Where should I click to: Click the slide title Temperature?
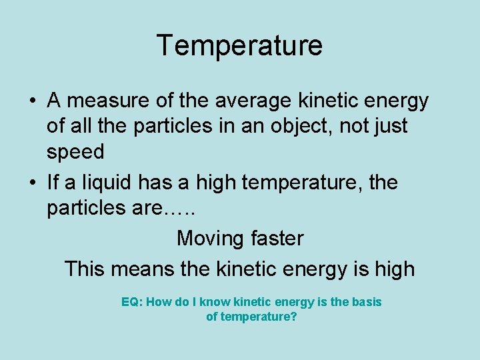(x=239, y=45)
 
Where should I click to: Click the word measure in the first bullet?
(x=104, y=101)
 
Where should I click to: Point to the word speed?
(x=75, y=152)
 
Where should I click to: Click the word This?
(x=85, y=269)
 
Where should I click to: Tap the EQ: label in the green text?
(x=131, y=302)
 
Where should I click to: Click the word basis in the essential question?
(x=366, y=302)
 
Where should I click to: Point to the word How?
(x=157, y=302)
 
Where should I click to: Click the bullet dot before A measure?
(x=32, y=101)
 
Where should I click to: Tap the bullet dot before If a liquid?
(x=32, y=183)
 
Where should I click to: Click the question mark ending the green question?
(x=293, y=317)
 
